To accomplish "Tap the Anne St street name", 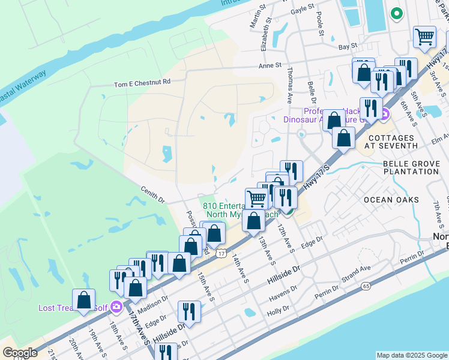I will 270,66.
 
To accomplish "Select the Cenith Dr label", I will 152,196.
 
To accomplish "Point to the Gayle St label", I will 303,8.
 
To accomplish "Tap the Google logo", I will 20,352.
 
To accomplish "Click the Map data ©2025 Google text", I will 411,355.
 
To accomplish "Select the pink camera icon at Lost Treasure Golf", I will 116,308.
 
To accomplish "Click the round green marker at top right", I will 396,13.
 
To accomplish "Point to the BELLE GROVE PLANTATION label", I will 411,167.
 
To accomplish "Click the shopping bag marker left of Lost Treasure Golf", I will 84,299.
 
